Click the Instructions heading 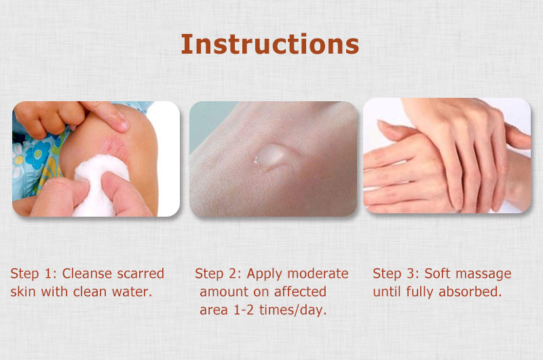click(269, 43)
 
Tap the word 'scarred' click(142, 274)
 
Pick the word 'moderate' click(318, 274)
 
